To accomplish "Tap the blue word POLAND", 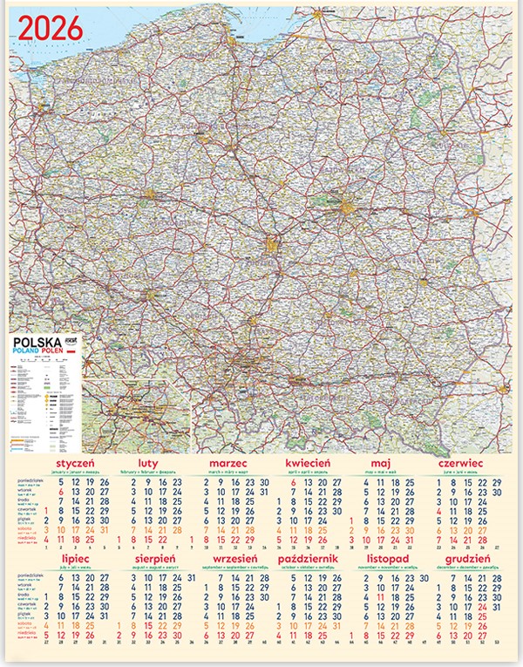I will coord(29,353).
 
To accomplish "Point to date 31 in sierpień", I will coord(191,577).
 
